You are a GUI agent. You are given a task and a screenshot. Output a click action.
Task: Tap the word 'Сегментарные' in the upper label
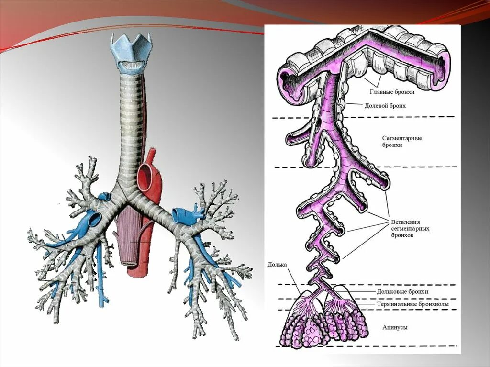(401, 138)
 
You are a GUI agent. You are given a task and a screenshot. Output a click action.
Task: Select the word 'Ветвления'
(407, 222)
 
